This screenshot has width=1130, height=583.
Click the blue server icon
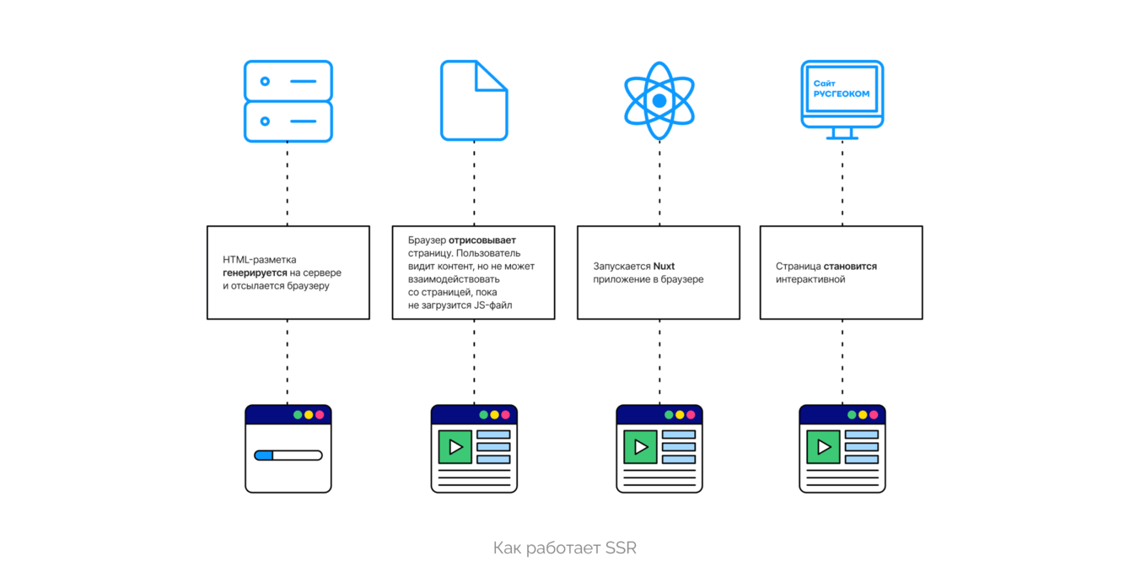288,100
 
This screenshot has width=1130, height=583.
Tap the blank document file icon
474,100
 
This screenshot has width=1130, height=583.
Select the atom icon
659,100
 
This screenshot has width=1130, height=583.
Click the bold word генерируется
256,273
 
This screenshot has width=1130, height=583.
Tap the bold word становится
850,266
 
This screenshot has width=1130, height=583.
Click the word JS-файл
493,305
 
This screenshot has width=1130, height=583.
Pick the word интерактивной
810,279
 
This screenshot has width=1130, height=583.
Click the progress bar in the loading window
288,456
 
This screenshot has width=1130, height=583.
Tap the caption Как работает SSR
565,548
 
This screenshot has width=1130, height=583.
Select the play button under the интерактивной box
823,447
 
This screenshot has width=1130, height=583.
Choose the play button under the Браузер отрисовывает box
455,447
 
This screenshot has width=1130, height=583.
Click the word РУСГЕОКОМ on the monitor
841,94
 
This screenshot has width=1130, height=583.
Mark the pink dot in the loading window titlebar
320,415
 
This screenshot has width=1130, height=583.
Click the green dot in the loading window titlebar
298,415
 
